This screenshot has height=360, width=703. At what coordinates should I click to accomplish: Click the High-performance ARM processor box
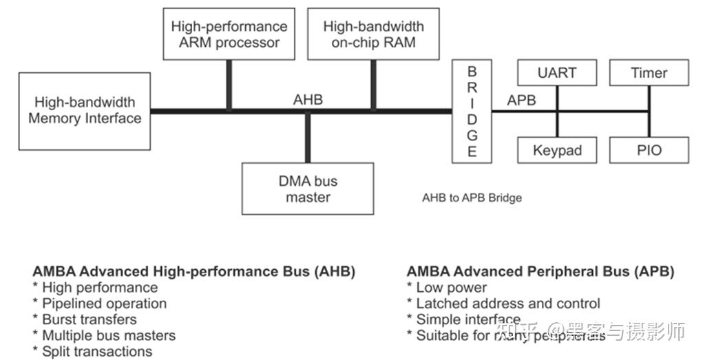pyautogui.click(x=229, y=34)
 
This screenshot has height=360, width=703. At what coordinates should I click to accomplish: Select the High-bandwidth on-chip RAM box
pyautogui.click(x=373, y=34)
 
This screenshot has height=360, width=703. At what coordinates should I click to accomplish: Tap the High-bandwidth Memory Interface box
pyautogui.click(x=85, y=111)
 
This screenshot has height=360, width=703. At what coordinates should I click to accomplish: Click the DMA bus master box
pyautogui.click(x=308, y=189)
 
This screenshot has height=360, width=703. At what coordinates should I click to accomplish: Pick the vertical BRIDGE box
pyautogui.click(x=472, y=112)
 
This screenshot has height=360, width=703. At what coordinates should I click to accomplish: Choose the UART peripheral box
pyautogui.click(x=556, y=73)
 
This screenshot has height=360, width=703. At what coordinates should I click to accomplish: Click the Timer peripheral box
pyautogui.click(x=649, y=73)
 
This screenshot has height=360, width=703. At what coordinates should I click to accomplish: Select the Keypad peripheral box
pyautogui.click(x=556, y=150)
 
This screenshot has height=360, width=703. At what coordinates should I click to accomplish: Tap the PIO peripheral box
pyautogui.click(x=649, y=150)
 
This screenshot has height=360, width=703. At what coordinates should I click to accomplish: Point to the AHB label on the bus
pyautogui.click(x=308, y=100)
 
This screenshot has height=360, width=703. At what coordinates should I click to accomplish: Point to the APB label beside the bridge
pyautogui.click(x=521, y=100)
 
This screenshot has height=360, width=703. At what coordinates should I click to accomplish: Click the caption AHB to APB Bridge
pyautogui.click(x=472, y=198)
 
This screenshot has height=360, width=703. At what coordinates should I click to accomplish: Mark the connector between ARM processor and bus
pyautogui.click(x=229, y=85)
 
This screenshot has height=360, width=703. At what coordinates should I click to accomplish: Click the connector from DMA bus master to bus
pyautogui.click(x=308, y=138)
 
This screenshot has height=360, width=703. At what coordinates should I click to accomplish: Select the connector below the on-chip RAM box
pyautogui.click(x=373, y=85)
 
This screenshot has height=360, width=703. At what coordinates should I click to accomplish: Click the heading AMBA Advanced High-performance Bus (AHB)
pyautogui.click(x=193, y=271)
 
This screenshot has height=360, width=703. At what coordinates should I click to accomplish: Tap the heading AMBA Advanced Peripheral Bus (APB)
pyautogui.click(x=540, y=271)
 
